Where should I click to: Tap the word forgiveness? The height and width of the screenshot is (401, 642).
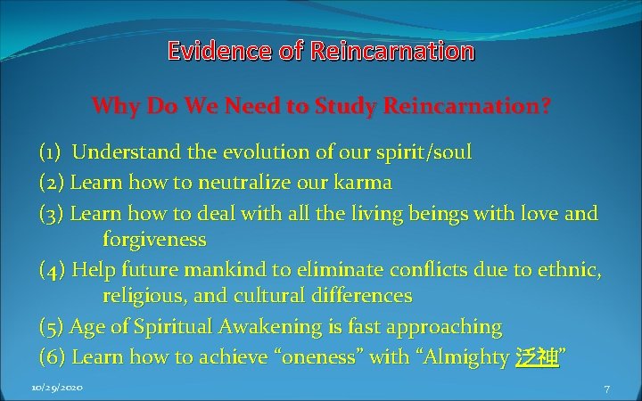point(154,240)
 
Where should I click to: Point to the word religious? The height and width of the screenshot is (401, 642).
point(141,295)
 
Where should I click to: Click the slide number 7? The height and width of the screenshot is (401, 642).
point(606,390)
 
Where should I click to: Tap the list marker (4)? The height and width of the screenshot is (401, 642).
point(53,270)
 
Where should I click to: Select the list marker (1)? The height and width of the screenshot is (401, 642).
point(50,152)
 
